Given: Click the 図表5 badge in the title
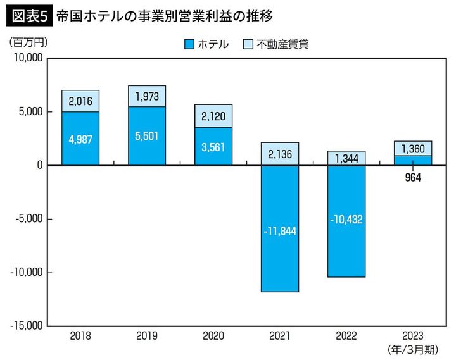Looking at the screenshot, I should [27, 14].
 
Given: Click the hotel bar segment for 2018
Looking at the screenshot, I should [80, 139].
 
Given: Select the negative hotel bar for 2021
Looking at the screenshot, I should [280, 228].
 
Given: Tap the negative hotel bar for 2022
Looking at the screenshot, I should [346, 221].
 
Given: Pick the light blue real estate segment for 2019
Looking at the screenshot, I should [147, 96].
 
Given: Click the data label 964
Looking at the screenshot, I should [413, 177].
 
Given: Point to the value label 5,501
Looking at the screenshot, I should [147, 135].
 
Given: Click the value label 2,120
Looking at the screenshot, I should [213, 116].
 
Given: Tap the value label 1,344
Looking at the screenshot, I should [346, 158].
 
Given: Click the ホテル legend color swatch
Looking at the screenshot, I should [189, 44].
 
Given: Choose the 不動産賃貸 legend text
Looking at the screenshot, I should [284, 44].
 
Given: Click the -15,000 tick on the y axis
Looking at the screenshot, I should [25, 326].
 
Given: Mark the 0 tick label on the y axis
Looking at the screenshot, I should [39, 165].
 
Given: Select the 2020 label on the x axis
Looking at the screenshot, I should [213, 336].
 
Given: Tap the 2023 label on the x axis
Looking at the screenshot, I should [413, 336].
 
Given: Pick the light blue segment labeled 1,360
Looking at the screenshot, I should [413, 148].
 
